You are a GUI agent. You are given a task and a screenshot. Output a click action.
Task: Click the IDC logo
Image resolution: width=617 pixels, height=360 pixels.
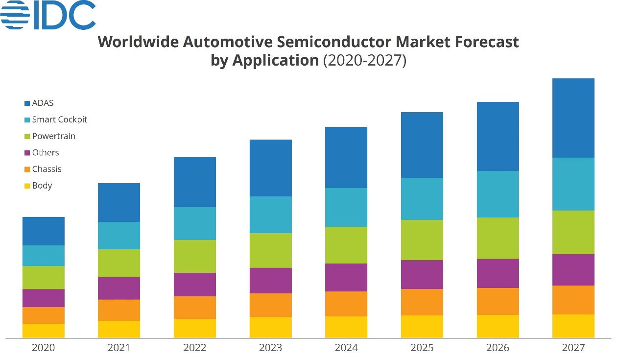[x=48, y=15]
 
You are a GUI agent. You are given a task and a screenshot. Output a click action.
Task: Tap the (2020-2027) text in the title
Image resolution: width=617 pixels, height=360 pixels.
[x=365, y=61]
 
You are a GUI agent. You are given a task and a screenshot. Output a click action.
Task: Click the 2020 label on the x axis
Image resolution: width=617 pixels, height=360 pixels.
[x=44, y=348]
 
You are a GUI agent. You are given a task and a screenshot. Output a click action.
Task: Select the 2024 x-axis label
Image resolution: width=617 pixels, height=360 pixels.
[x=346, y=348]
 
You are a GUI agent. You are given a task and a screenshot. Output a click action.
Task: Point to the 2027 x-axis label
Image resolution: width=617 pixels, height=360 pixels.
[x=573, y=348]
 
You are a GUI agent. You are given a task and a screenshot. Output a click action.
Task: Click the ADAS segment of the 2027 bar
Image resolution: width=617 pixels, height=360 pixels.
[x=573, y=118]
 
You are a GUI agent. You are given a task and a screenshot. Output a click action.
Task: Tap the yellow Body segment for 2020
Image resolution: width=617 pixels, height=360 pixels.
[x=44, y=331]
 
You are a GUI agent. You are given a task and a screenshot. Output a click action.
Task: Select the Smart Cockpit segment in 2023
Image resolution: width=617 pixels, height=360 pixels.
[x=271, y=215]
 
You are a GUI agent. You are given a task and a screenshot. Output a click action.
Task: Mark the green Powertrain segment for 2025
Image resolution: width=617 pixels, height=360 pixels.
[x=422, y=240]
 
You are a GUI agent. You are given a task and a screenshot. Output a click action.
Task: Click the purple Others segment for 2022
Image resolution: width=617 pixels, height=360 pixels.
[x=195, y=284]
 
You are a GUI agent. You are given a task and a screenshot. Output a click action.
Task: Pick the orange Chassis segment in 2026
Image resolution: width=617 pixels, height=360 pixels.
[x=498, y=301]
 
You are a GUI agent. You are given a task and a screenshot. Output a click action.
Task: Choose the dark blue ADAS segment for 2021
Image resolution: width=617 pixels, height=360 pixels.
[x=119, y=203]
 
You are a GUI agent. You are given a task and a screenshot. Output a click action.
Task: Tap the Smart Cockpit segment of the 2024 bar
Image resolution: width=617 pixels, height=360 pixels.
[x=346, y=207]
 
